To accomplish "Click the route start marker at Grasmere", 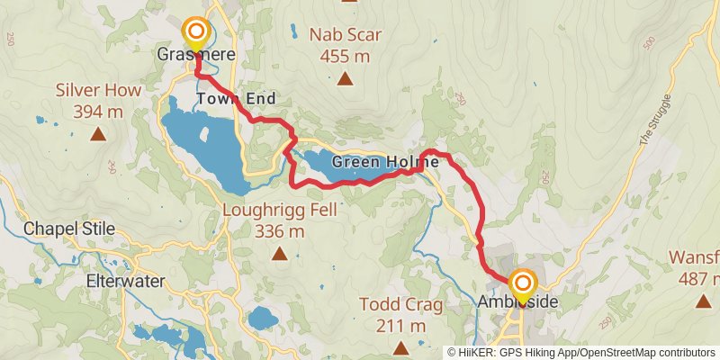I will (195, 34).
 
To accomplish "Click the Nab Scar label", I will (346, 36).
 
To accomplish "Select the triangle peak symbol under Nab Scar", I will (345, 78).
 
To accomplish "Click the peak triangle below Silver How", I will (97, 135).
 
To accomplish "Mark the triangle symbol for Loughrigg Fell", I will (280, 255).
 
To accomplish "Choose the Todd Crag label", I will (401, 305).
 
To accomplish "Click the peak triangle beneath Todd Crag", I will (400, 346).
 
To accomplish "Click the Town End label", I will (235, 98).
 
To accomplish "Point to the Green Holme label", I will (385, 162).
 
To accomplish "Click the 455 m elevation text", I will (346, 56).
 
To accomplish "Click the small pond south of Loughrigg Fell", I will (263, 318).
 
